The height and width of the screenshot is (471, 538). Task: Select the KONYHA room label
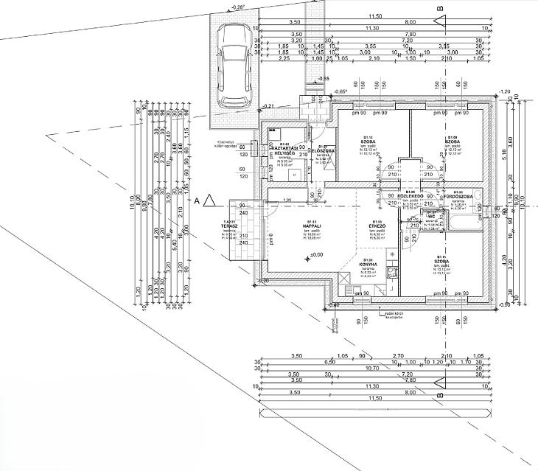tap(377, 264)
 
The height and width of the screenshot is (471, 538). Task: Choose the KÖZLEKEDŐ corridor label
tap(411, 196)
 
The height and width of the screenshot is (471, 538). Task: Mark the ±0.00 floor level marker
tap(317, 255)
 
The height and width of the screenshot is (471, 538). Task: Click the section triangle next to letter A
tap(209, 200)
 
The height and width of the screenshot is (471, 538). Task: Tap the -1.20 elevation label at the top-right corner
tap(505, 91)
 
